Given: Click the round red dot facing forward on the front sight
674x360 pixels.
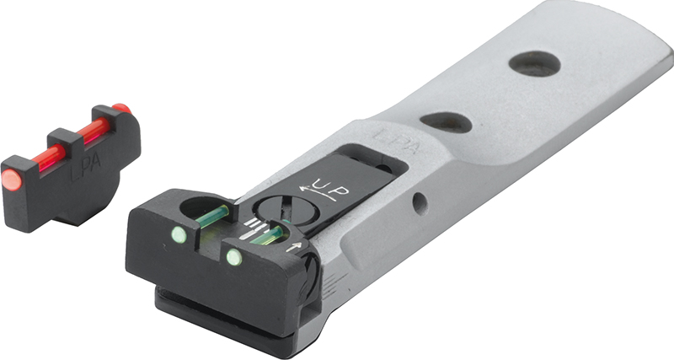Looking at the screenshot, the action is (x=12, y=180).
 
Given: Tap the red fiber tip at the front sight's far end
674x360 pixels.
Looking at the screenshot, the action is (x=121, y=108).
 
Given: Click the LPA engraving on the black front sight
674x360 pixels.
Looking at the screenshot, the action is (x=85, y=167).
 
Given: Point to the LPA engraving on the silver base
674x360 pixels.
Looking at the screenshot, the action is (x=395, y=141).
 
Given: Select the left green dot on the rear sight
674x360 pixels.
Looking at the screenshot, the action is (x=179, y=235).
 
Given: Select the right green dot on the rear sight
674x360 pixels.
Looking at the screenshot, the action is (x=234, y=257).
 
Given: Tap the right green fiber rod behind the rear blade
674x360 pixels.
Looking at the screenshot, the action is (x=267, y=235).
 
